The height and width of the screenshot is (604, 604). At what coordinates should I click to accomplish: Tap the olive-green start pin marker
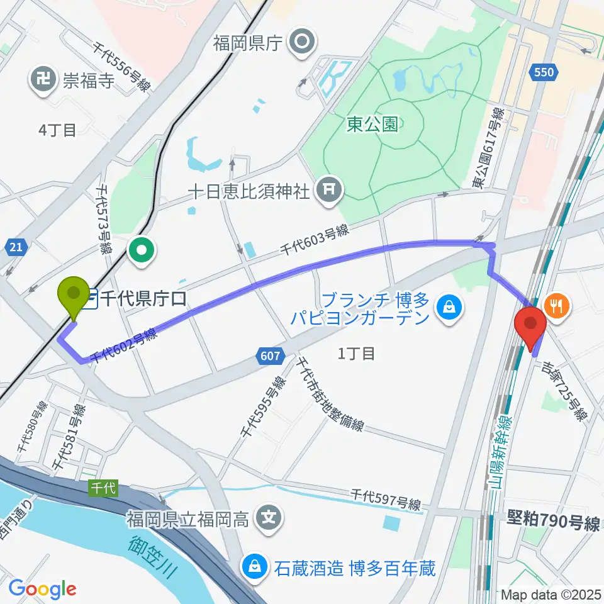click(x=74, y=294)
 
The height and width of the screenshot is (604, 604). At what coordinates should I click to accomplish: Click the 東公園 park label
click(x=372, y=125)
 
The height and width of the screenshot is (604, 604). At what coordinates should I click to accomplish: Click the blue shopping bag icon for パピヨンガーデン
click(x=450, y=308)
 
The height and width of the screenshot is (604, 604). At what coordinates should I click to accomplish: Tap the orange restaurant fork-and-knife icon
click(x=556, y=305)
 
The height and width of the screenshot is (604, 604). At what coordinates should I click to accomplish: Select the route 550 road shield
click(x=542, y=72)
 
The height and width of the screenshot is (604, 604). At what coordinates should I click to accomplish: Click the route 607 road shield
click(x=269, y=357)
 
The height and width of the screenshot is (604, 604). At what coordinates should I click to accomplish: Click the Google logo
click(x=42, y=589)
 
